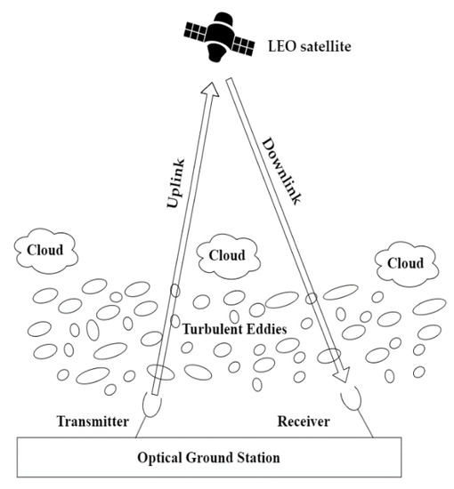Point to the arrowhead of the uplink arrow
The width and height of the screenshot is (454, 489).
211,87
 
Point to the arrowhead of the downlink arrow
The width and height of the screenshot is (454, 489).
340,379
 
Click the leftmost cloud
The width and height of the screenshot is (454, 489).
45,250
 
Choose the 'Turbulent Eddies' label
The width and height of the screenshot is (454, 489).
233,329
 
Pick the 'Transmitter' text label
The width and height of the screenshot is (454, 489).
93,421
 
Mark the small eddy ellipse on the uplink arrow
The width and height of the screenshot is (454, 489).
174,291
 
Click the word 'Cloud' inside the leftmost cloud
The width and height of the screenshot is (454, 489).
45,250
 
